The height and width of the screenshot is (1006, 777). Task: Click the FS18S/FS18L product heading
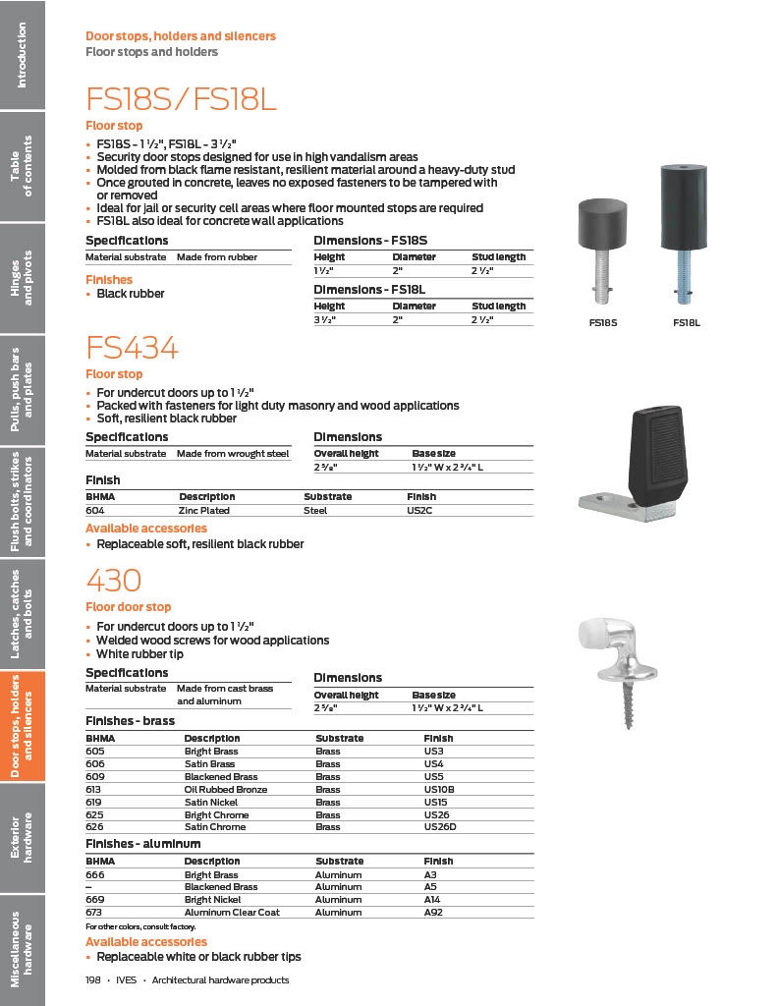(182, 99)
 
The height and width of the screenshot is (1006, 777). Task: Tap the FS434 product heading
(132, 348)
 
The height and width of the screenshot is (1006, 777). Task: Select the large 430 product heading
(114, 581)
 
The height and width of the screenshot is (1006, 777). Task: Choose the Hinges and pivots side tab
(22, 278)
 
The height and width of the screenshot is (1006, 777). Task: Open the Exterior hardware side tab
(22, 836)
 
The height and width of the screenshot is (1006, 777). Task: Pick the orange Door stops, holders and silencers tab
(22, 726)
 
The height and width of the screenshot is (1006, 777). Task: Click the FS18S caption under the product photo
(602, 322)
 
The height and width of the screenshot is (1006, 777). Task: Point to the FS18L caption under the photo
(687, 322)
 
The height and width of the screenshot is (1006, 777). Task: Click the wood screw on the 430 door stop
(625, 705)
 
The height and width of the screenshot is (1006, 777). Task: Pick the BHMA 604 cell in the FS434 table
(95, 510)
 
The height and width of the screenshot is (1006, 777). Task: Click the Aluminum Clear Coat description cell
(232, 912)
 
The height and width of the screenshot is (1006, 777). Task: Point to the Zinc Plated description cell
(203, 510)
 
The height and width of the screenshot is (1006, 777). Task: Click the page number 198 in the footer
(93, 979)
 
